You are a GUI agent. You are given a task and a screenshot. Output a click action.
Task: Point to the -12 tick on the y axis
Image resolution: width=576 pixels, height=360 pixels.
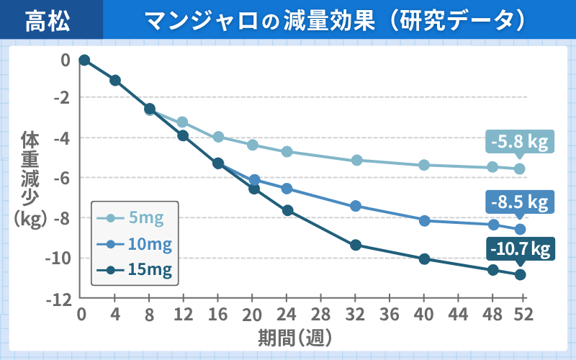(x=60, y=298)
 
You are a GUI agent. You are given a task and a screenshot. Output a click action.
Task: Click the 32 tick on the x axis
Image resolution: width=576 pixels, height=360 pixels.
(x=355, y=315)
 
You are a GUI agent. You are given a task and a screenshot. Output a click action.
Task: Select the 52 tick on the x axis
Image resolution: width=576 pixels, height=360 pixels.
(x=521, y=315)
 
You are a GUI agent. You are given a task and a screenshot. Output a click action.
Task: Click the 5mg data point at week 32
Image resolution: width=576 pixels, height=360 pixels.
(x=356, y=160)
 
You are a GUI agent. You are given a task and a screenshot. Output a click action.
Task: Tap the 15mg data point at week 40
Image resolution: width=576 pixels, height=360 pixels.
(x=424, y=259)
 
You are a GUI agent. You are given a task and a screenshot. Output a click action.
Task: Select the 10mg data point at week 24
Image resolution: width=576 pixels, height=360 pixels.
(x=287, y=189)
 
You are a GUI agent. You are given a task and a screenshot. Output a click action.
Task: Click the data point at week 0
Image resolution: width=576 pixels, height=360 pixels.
(x=84, y=60)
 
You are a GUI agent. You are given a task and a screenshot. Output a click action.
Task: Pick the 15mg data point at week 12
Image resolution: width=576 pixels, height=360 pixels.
(x=183, y=135)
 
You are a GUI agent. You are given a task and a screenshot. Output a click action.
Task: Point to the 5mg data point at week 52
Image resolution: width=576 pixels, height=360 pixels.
(x=520, y=169)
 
